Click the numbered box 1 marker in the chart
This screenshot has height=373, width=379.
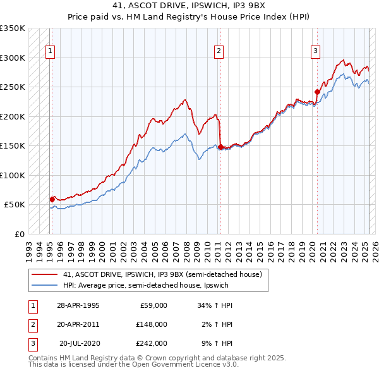[50, 52]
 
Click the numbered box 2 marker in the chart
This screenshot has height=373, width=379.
[219, 52]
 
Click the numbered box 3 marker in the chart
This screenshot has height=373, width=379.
[315, 52]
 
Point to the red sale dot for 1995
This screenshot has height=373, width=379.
[52, 199]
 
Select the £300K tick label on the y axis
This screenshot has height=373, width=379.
[13, 58]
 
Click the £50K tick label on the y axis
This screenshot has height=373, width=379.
[15, 205]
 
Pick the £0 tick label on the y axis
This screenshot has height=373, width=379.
[19, 234]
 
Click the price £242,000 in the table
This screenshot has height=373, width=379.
[152, 343]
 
